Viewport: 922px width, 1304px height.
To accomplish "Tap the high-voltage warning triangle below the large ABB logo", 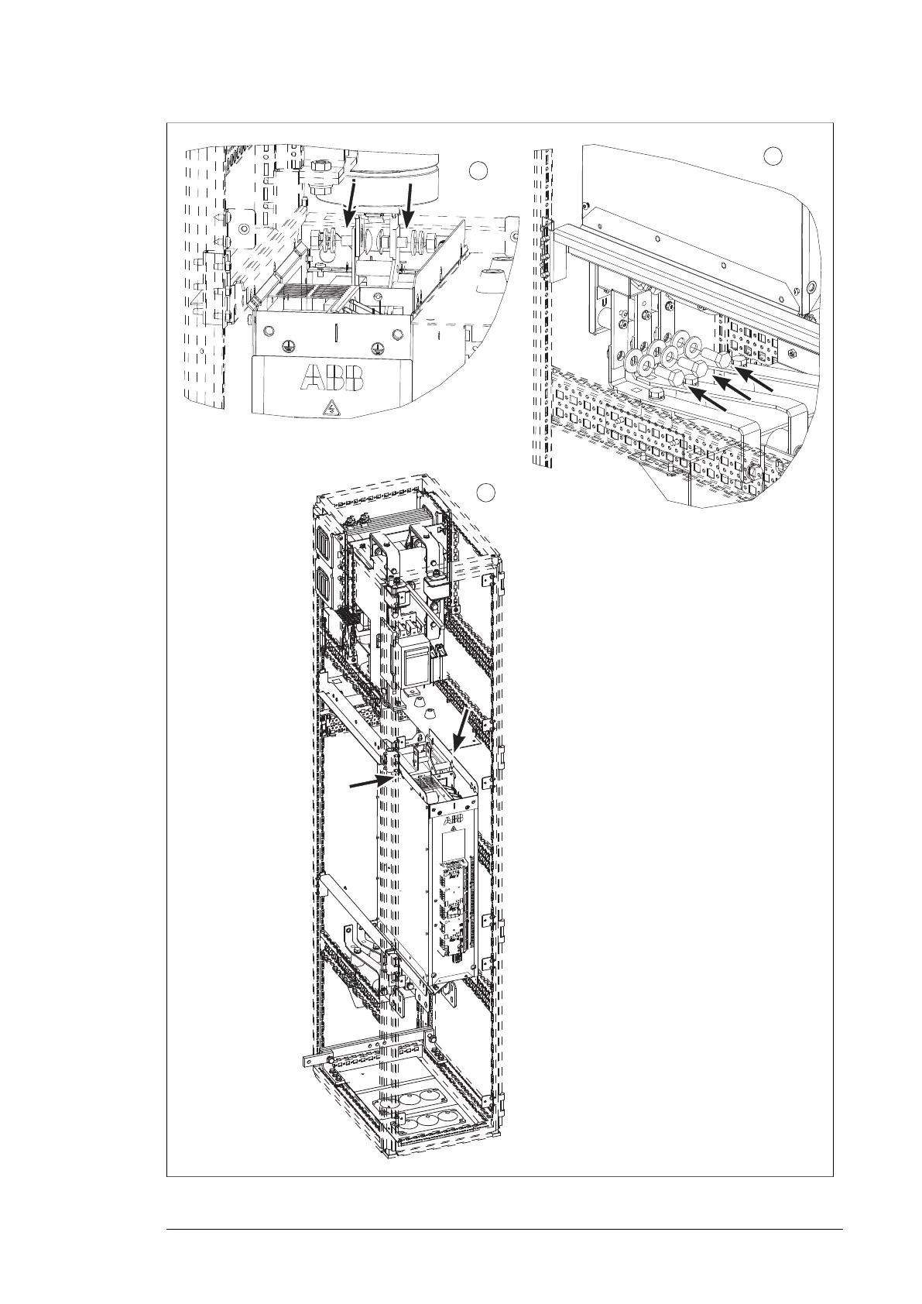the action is [x=332, y=406].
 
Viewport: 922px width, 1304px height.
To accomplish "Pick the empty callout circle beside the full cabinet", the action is [x=485, y=491].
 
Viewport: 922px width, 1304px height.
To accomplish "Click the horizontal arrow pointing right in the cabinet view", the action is [x=366, y=784].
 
